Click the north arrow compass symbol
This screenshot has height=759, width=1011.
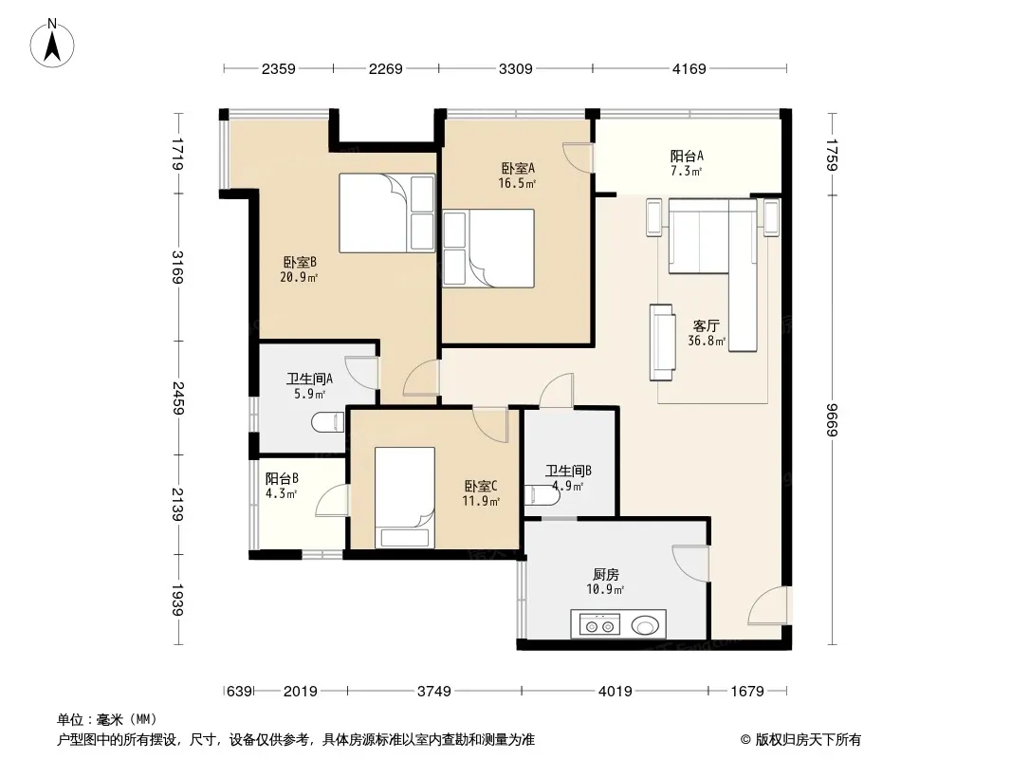pyautogui.click(x=52, y=43)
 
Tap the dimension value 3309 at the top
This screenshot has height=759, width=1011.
pyautogui.click(x=515, y=69)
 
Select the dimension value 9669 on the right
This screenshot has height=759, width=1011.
pyautogui.click(x=833, y=419)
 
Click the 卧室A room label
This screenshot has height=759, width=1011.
pyautogui.click(x=518, y=168)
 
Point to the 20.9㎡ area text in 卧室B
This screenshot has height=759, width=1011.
pyautogui.click(x=299, y=277)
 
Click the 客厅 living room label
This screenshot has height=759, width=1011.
pyautogui.click(x=706, y=325)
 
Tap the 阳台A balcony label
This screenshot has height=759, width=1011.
pyautogui.click(x=687, y=156)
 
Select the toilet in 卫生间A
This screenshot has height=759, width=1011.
pyautogui.click(x=329, y=423)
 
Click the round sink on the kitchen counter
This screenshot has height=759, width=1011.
pyautogui.click(x=645, y=625)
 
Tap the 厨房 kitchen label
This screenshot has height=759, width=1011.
pyautogui.click(x=606, y=574)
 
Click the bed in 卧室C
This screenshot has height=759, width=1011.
pyautogui.click(x=405, y=497)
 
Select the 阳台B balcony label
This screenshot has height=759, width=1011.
pyautogui.click(x=282, y=478)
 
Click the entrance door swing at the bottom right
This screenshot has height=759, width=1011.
pyautogui.click(x=768, y=605)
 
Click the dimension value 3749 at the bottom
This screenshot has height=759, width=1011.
pyautogui.click(x=434, y=692)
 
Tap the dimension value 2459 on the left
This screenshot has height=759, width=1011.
pyautogui.click(x=178, y=398)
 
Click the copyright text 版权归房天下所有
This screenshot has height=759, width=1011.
pyautogui.click(x=808, y=740)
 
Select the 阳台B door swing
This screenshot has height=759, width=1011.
pyautogui.click(x=331, y=500)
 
